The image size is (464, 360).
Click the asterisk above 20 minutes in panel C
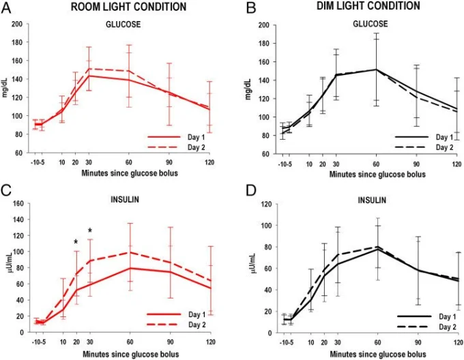[x=76, y=242]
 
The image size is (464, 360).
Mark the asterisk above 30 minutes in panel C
[x=89, y=230]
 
